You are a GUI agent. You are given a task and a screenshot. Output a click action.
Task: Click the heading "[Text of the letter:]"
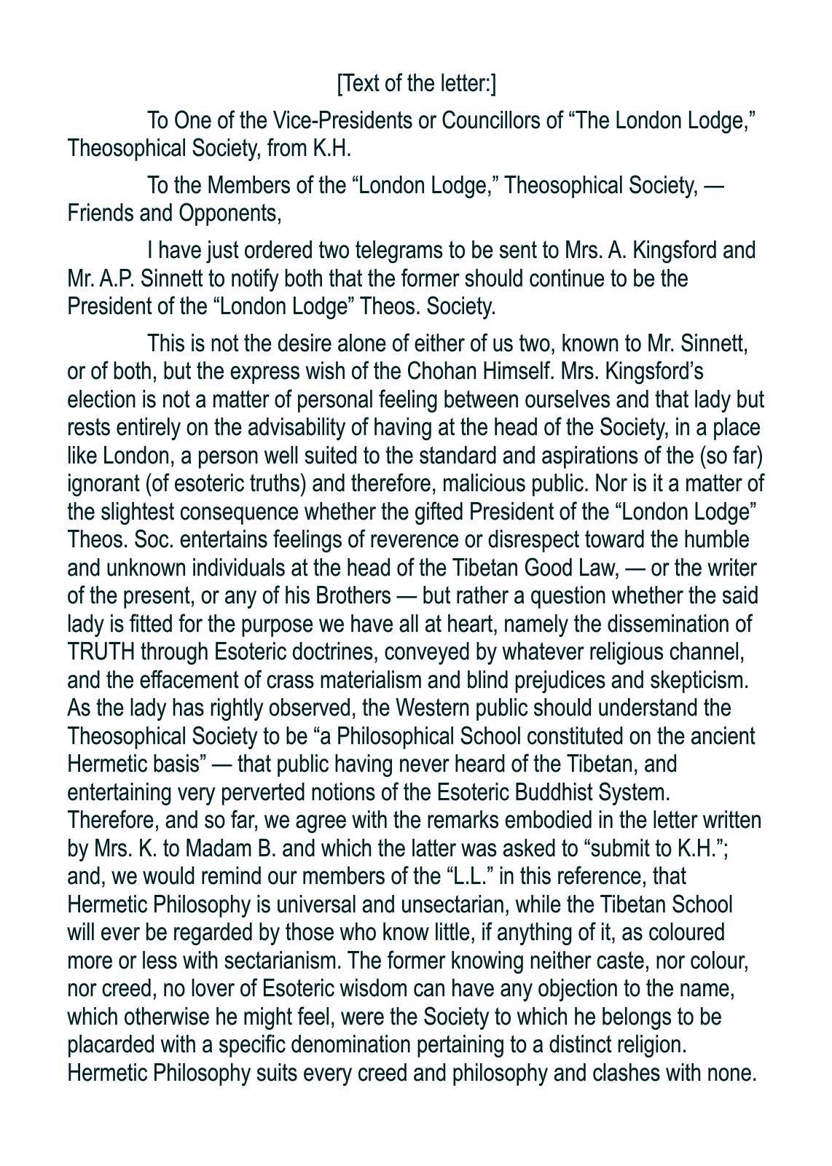pos(416,84)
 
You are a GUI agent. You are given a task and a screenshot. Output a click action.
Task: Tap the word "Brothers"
pos(353,596)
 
